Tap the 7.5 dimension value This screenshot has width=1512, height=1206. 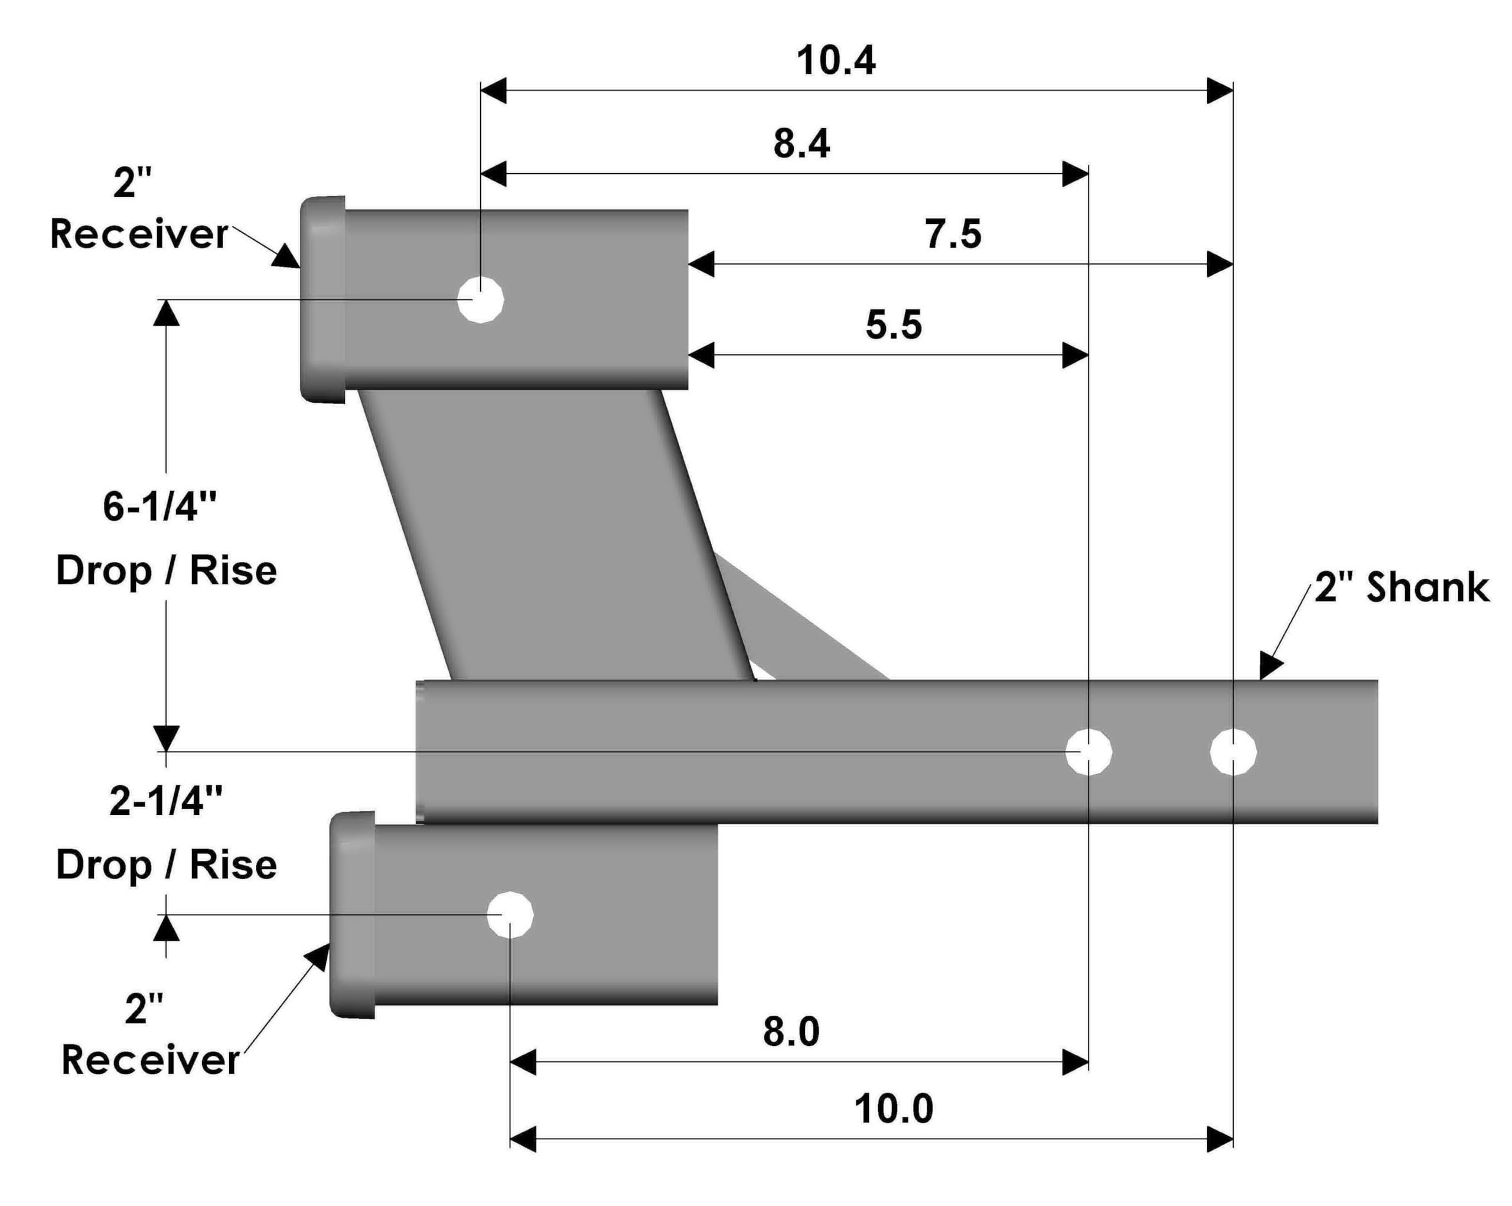point(953,235)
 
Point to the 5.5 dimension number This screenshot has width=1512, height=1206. point(894,325)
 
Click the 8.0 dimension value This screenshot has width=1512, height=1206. point(791,1032)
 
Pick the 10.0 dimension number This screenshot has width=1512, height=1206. point(894,1109)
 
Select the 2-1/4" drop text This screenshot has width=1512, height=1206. point(166,801)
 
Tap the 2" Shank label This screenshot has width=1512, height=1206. point(1400,587)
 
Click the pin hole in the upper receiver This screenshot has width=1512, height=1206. point(480,300)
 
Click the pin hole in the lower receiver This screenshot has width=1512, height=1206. point(510,915)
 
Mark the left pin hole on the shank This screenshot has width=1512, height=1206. point(1088,752)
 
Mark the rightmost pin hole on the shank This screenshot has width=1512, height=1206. point(1233,752)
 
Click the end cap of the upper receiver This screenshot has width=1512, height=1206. point(323,300)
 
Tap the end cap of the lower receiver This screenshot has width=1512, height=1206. point(353,915)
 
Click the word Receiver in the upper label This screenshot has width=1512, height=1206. point(139,235)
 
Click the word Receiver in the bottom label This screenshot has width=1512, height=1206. point(150,1060)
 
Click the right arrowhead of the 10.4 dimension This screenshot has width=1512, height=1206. point(1220,90)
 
